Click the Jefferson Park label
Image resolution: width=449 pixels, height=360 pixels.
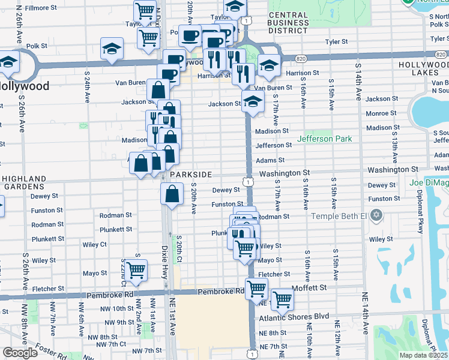[x=324, y=139]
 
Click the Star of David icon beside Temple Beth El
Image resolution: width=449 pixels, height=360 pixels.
[x=376, y=215]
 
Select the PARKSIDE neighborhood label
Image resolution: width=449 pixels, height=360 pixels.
[x=191, y=174]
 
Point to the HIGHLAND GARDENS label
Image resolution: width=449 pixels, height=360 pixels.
[x=24, y=182]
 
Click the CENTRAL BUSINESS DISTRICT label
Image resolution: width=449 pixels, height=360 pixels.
[x=288, y=22]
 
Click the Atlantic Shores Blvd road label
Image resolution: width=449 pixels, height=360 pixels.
[x=294, y=316]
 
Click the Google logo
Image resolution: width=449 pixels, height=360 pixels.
[x=20, y=353]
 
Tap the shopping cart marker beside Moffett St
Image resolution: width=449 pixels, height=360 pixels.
[x=282, y=299]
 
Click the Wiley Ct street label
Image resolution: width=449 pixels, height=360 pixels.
[x=95, y=244]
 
